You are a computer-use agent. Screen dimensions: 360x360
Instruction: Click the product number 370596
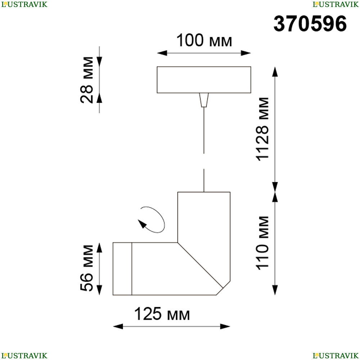coord(310,24)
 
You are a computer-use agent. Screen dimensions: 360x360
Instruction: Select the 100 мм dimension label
coord(204,40)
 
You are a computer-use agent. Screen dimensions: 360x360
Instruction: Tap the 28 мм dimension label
coord(87,80)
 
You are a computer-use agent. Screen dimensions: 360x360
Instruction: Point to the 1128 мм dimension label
coord(262,129)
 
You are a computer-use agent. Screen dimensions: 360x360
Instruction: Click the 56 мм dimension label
coord(87,268)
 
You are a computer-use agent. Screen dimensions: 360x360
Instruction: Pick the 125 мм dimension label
coord(162,314)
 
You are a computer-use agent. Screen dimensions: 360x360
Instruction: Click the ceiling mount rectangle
coord(204,80)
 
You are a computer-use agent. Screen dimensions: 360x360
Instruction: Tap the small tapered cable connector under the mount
coord(204,100)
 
